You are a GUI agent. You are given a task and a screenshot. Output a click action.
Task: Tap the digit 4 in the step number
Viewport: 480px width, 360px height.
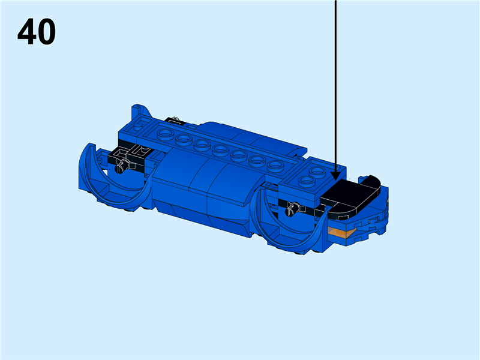pos(27,32)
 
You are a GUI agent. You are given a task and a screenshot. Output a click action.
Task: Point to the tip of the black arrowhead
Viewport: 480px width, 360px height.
pos(335,179)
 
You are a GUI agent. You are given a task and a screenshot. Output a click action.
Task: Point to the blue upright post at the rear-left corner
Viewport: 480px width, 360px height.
pos(136,112)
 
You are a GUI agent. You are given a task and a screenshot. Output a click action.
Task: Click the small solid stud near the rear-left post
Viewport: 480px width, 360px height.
pos(139,127)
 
